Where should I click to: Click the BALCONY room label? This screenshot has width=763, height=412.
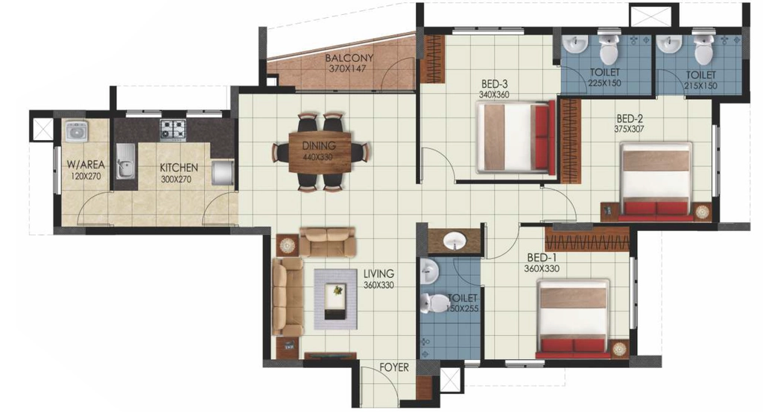[x=349, y=58]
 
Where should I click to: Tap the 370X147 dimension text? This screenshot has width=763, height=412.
[x=347, y=69]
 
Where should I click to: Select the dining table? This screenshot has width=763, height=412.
[x=320, y=152]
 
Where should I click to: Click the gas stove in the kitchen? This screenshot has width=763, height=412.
[x=174, y=130]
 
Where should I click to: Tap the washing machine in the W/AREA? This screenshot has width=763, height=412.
[x=75, y=131]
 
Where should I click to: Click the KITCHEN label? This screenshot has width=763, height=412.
[x=179, y=168]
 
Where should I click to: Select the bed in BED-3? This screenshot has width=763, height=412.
[x=516, y=137]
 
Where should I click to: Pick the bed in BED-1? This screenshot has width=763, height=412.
[x=573, y=318]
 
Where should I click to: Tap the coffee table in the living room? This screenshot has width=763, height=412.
[x=336, y=300]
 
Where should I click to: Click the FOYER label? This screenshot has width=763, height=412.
[x=394, y=368]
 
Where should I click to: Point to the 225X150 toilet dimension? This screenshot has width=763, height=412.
[x=605, y=83]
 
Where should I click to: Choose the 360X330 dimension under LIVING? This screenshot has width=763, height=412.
[x=379, y=285]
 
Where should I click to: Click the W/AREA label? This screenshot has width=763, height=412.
[x=86, y=165]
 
